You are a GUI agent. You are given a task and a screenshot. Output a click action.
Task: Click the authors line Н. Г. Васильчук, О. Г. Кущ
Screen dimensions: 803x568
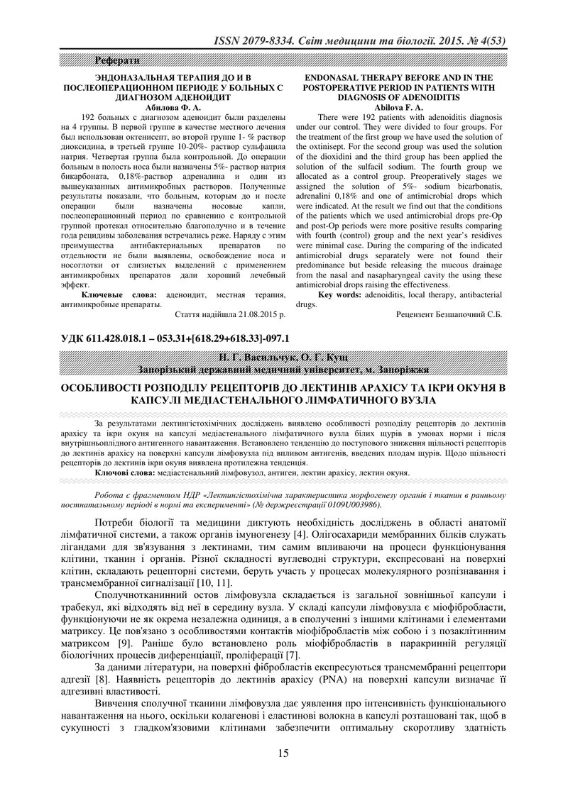click(x=283, y=357)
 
